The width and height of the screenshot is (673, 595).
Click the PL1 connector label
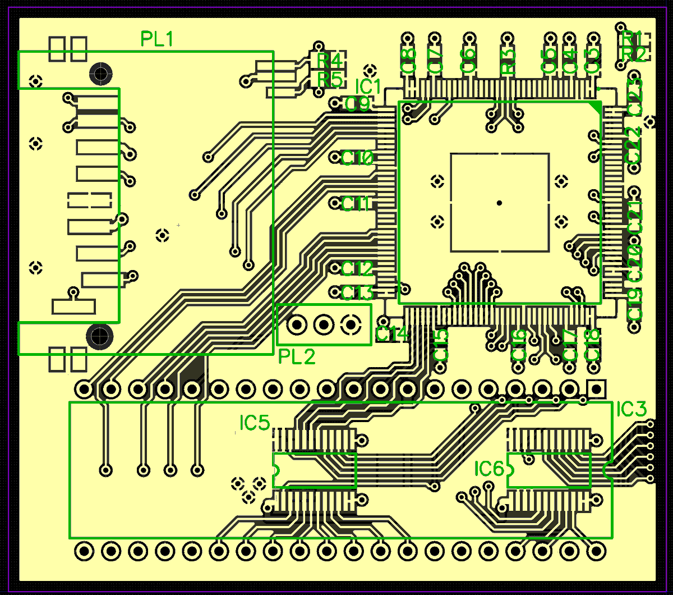pos(157,39)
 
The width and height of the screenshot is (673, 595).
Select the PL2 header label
pos(297,356)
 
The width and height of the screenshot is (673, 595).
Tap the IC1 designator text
pos(368,86)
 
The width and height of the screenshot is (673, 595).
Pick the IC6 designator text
pos(489,469)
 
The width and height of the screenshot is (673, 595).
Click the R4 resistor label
pos(329,60)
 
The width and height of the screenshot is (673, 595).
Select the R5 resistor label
pos(329,79)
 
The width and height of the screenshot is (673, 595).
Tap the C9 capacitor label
pos(357,104)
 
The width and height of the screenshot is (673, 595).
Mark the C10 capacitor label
pos(357,158)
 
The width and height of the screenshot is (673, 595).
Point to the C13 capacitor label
pos(357,292)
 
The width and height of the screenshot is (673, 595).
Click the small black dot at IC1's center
pos(499,203)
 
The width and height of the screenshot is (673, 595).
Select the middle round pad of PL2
pos(324,324)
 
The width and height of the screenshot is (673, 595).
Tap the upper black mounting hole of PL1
pos(101,72)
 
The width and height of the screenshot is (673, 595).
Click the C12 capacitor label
pos(357,269)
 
